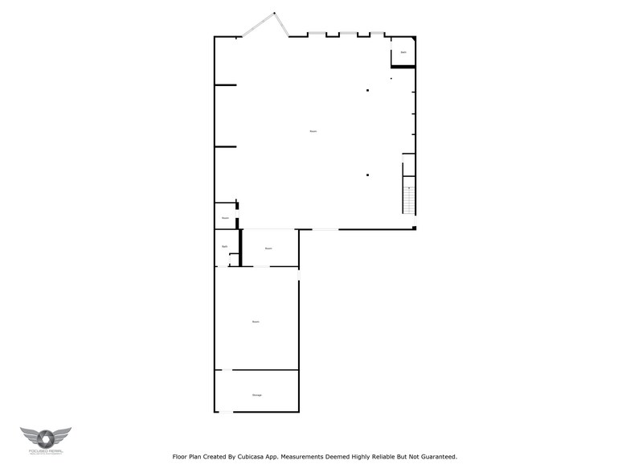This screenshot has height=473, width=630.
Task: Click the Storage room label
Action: click(257, 395)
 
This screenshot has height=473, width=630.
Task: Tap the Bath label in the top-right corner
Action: click(403, 52)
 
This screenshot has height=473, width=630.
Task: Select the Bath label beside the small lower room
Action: click(225, 246)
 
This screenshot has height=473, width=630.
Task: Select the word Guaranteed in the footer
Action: click(432, 456)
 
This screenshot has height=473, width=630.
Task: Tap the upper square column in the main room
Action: click(367, 90)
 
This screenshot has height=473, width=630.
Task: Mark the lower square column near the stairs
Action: click(367, 175)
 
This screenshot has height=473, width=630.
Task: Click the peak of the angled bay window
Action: click(274, 12)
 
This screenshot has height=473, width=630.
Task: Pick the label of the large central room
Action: click(313, 131)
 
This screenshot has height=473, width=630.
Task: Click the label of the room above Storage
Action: click(256, 322)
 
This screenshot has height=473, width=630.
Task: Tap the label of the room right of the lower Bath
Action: click(268, 248)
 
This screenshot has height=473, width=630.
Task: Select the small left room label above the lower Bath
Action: click(226, 218)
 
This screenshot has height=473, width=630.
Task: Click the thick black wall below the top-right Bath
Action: click(403, 67)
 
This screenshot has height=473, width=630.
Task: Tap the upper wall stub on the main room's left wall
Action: click(225, 85)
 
